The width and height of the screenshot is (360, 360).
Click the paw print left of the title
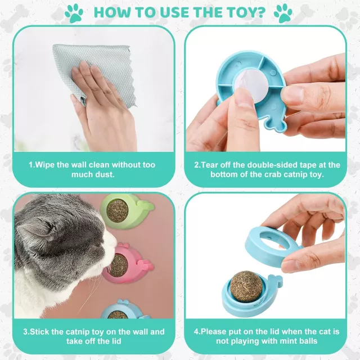click(x=74, y=13)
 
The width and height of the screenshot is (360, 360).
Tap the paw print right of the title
click(x=283, y=13)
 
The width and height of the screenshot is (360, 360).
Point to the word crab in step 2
click(x=273, y=174)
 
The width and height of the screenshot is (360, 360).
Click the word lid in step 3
click(x=115, y=341)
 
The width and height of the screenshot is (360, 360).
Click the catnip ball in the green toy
click(x=118, y=211)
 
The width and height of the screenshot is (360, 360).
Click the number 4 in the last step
click(x=196, y=331)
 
